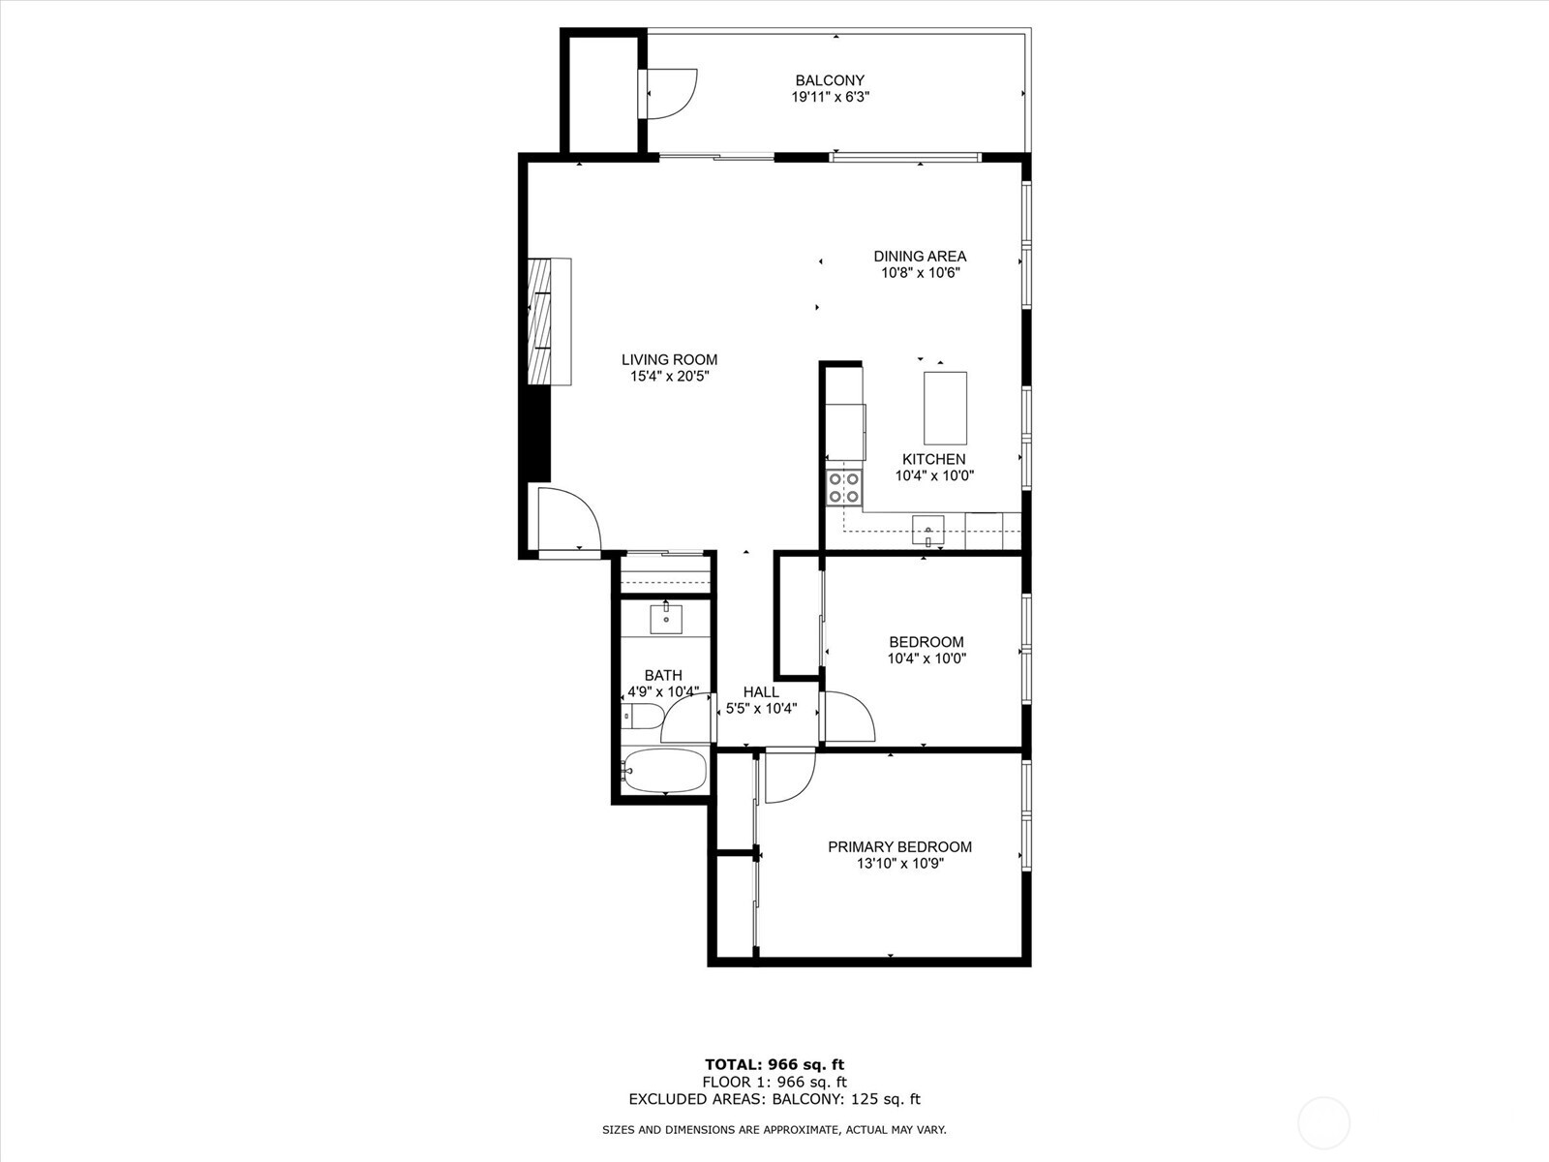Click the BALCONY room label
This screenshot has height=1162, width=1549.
[x=830, y=80]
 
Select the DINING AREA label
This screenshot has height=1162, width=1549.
[x=920, y=257]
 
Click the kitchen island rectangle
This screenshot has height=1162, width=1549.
[x=945, y=408]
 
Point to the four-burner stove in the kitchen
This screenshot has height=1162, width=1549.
[x=844, y=488]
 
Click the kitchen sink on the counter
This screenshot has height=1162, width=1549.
[x=928, y=530]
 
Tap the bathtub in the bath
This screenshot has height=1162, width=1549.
[x=664, y=771]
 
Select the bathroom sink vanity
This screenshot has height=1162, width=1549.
[x=666, y=619]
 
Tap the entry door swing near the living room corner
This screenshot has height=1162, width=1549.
[x=566, y=520]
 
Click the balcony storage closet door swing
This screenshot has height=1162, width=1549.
[x=671, y=93]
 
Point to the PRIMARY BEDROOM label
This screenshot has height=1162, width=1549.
[x=899, y=846]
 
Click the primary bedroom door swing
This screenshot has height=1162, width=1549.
[x=788, y=778]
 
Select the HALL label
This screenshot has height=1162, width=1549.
[x=761, y=691]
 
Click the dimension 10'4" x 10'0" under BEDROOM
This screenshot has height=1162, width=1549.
[x=926, y=658]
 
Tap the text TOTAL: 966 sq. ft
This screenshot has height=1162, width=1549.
[x=774, y=1065]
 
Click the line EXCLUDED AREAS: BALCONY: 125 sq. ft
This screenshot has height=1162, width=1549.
[x=774, y=1099]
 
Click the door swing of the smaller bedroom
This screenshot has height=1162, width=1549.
[x=847, y=717]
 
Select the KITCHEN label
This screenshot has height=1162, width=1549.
[x=933, y=459]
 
